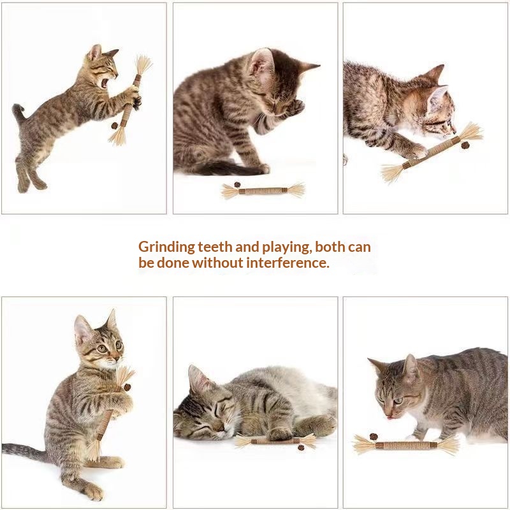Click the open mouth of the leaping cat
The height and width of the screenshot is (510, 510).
coord(105,84)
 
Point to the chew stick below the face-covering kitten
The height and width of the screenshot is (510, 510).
coord(263,191)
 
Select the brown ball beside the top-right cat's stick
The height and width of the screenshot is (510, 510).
coord(465,145)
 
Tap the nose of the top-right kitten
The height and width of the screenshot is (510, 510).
coord(454,131)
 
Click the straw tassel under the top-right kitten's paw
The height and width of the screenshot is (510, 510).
coord(392,173)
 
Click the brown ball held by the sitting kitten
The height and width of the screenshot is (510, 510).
coord(127,388)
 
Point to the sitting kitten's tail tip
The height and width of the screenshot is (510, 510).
coord(4,448)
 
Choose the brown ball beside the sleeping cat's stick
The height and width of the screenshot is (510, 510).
coord(301,448)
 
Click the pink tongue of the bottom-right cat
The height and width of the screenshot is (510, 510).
coord(388,418)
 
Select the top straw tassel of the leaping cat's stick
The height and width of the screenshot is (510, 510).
coord(143,65)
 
